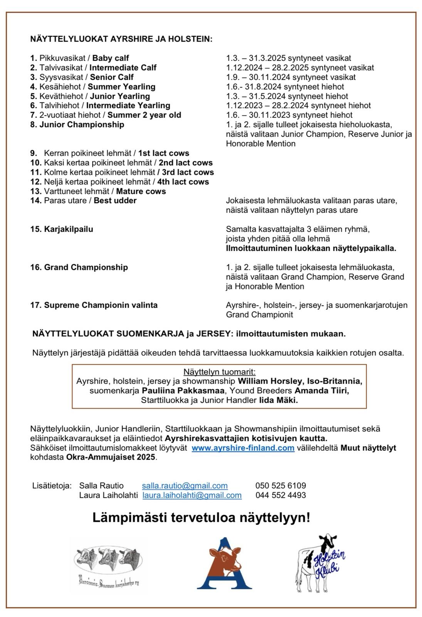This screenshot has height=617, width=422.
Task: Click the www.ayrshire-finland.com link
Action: click(x=243, y=448)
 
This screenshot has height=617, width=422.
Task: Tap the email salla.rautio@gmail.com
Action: click(x=185, y=486)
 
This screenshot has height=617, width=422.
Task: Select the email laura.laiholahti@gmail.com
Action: click(x=192, y=495)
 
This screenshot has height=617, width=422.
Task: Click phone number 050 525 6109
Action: click(x=281, y=486)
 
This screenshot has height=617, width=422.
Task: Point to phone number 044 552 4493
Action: click(x=281, y=495)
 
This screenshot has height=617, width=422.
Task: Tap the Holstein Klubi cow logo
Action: click(x=322, y=563)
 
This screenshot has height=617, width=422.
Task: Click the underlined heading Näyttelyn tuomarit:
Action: click(x=219, y=372)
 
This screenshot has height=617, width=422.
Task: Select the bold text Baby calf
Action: click(x=111, y=58)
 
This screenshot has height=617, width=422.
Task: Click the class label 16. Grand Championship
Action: click(x=79, y=267)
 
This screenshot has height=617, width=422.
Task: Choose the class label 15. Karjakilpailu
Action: click(x=62, y=229)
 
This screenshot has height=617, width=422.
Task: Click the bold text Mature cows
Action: click(x=141, y=191)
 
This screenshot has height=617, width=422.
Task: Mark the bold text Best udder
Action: click(x=115, y=201)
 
